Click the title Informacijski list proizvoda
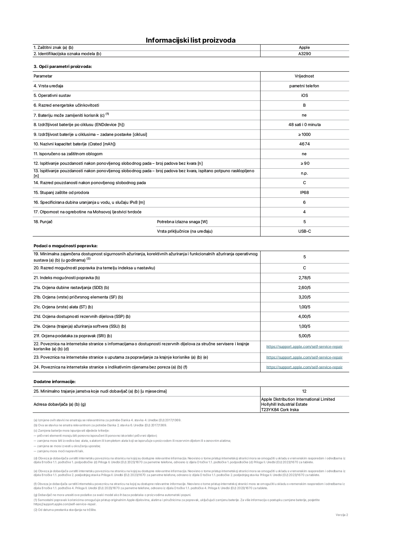[190, 40]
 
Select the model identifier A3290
[304, 54]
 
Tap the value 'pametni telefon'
[304, 86]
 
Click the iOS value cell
[304, 96]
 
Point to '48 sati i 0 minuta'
[304, 125]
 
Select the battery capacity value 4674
[304, 144]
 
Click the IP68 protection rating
[304, 193]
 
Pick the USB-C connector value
[305, 231]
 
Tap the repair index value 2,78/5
[304, 278]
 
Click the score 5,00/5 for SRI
[304, 336]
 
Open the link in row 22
[304, 347]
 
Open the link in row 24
[304, 367]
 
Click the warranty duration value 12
[304, 391]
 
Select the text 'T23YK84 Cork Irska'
[280, 410]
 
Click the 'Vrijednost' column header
[304, 76]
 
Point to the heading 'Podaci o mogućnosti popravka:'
[65, 246]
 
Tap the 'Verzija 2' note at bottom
[342, 515]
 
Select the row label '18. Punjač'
[43, 222]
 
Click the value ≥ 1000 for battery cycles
[304, 135]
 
